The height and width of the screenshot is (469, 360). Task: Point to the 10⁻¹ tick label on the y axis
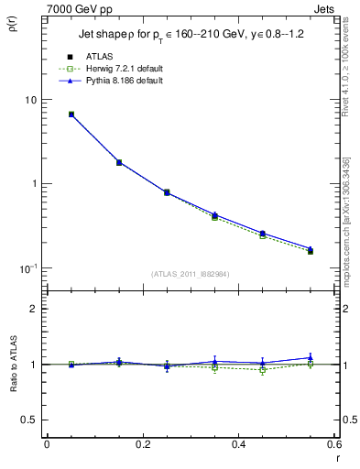point(27,267)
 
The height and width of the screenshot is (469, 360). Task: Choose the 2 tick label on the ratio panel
point(34,309)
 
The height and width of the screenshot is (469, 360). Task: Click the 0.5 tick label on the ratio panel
point(30,420)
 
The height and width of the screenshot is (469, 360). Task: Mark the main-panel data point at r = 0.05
point(71,115)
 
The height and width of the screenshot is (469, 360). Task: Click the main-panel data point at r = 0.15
point(118,162)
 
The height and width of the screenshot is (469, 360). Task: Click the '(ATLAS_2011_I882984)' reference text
point(191,273)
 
